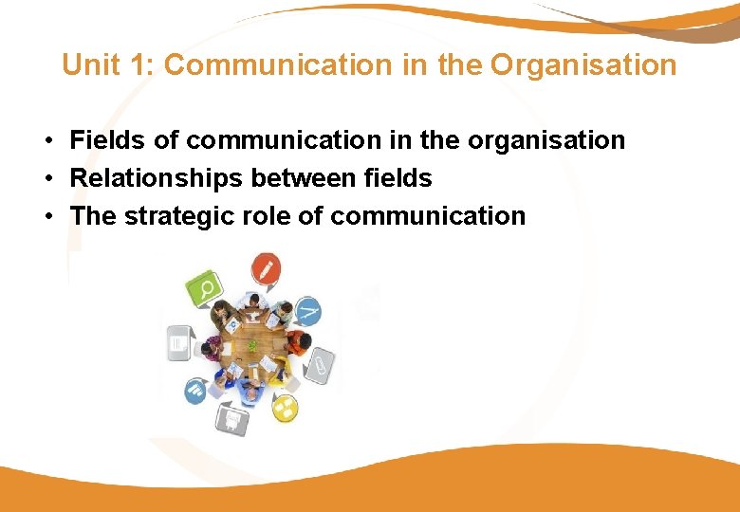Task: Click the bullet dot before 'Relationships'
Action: pyautogui.click(x=46, y=179)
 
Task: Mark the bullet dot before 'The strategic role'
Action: pyautogui.click(x=46, y=217)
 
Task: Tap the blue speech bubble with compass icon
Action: pyautogui.click(x=307, y=310)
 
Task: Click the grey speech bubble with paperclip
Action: pyautogui.click(x=320, y=362)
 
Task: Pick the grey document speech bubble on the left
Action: pyautogui.click(x=178, y=342)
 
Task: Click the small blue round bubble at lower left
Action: pyautogui.click(x=196, y=390)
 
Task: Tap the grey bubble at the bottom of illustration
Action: pyautogui.click(x=231, y=416)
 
